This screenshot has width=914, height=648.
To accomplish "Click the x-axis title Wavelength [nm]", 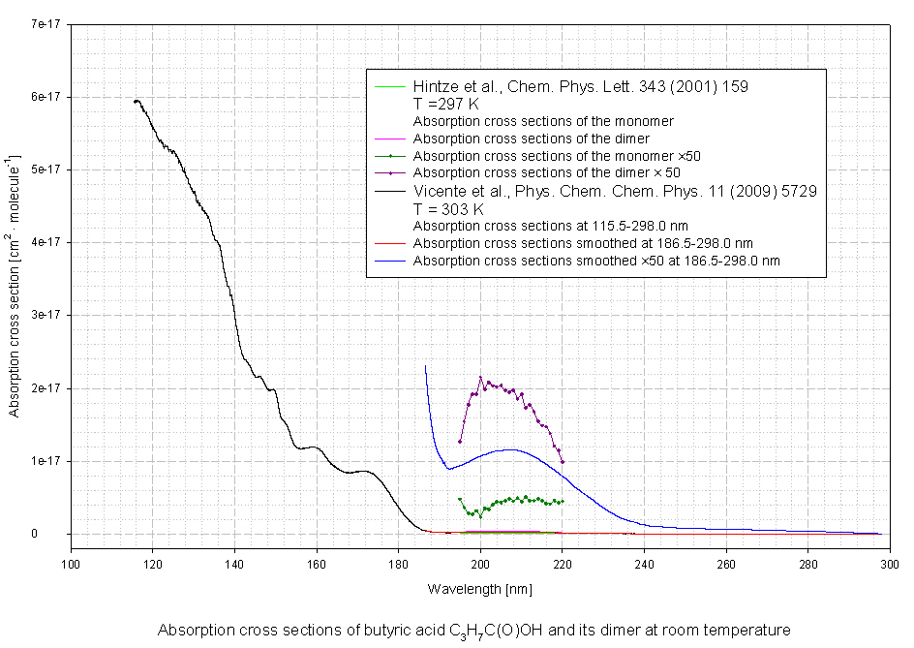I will coord(479,589).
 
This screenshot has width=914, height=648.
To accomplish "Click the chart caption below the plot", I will coord(474,631).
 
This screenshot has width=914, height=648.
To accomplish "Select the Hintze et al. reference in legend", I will coord(580,86).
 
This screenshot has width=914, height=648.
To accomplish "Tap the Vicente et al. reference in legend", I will coord(615,191).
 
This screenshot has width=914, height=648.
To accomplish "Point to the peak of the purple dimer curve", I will coord(480,377).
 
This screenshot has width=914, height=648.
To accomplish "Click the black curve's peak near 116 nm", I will coord(137,101).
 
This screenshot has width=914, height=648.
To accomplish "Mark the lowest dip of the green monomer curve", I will coord(480,516).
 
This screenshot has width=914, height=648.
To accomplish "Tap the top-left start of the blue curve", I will coord(425,366).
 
